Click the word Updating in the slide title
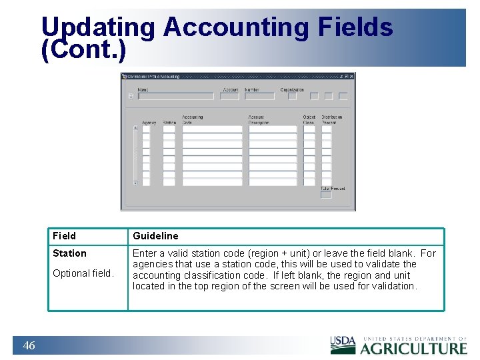click(x=98, y=27)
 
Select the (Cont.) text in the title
click(x=83, y=50)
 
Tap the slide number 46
click(x=29, y=345)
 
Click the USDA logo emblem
click(x=343, y=345)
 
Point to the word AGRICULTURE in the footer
click(x=413, y=348)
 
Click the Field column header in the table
click(x=65, y=236)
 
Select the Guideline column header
click(x=155, y=236)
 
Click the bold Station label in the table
click(x=70, y=253)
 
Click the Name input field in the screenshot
click(x=175, y=96)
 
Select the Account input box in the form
click(x=229, y=96)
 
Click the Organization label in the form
click(x=292, y=89)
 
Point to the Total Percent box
click(x=326, y=195)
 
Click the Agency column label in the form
click(x=149, y=123)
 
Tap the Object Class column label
click(x=309, y=120)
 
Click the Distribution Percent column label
click(x=331, y=120)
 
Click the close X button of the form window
click(x=351, y=77)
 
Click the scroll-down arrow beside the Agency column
click(x=135, y=183)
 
